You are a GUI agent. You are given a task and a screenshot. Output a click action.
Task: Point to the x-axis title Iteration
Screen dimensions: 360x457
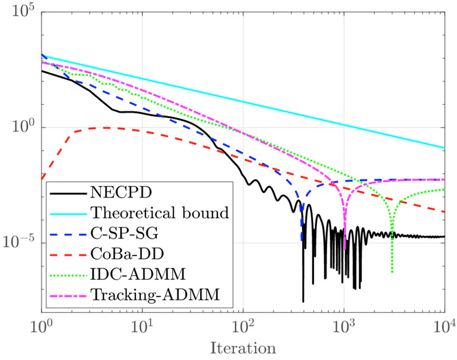click(x=243, y=346)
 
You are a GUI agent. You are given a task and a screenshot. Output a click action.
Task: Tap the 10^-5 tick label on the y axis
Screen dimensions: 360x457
click(x=22, y=242)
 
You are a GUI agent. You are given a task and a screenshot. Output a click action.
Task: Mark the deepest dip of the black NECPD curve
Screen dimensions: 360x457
click(x=303, y=301)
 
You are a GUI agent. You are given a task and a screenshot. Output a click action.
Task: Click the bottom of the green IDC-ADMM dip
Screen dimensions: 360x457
click(x=392, y=272)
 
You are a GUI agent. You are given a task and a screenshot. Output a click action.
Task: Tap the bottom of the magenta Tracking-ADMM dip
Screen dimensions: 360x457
click(x=345, y=249)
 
